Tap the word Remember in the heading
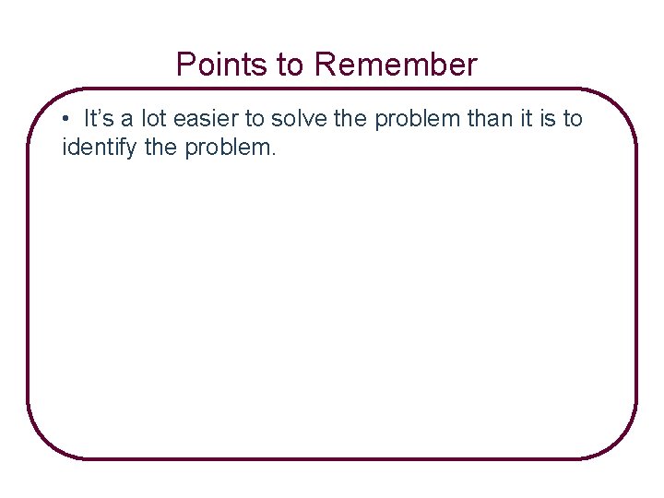tap(396, 65)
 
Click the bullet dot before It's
tap(67, 120)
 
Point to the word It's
tap(99, 119)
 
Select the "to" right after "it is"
tap(572, 119)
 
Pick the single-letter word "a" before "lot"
tap(126, 120)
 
